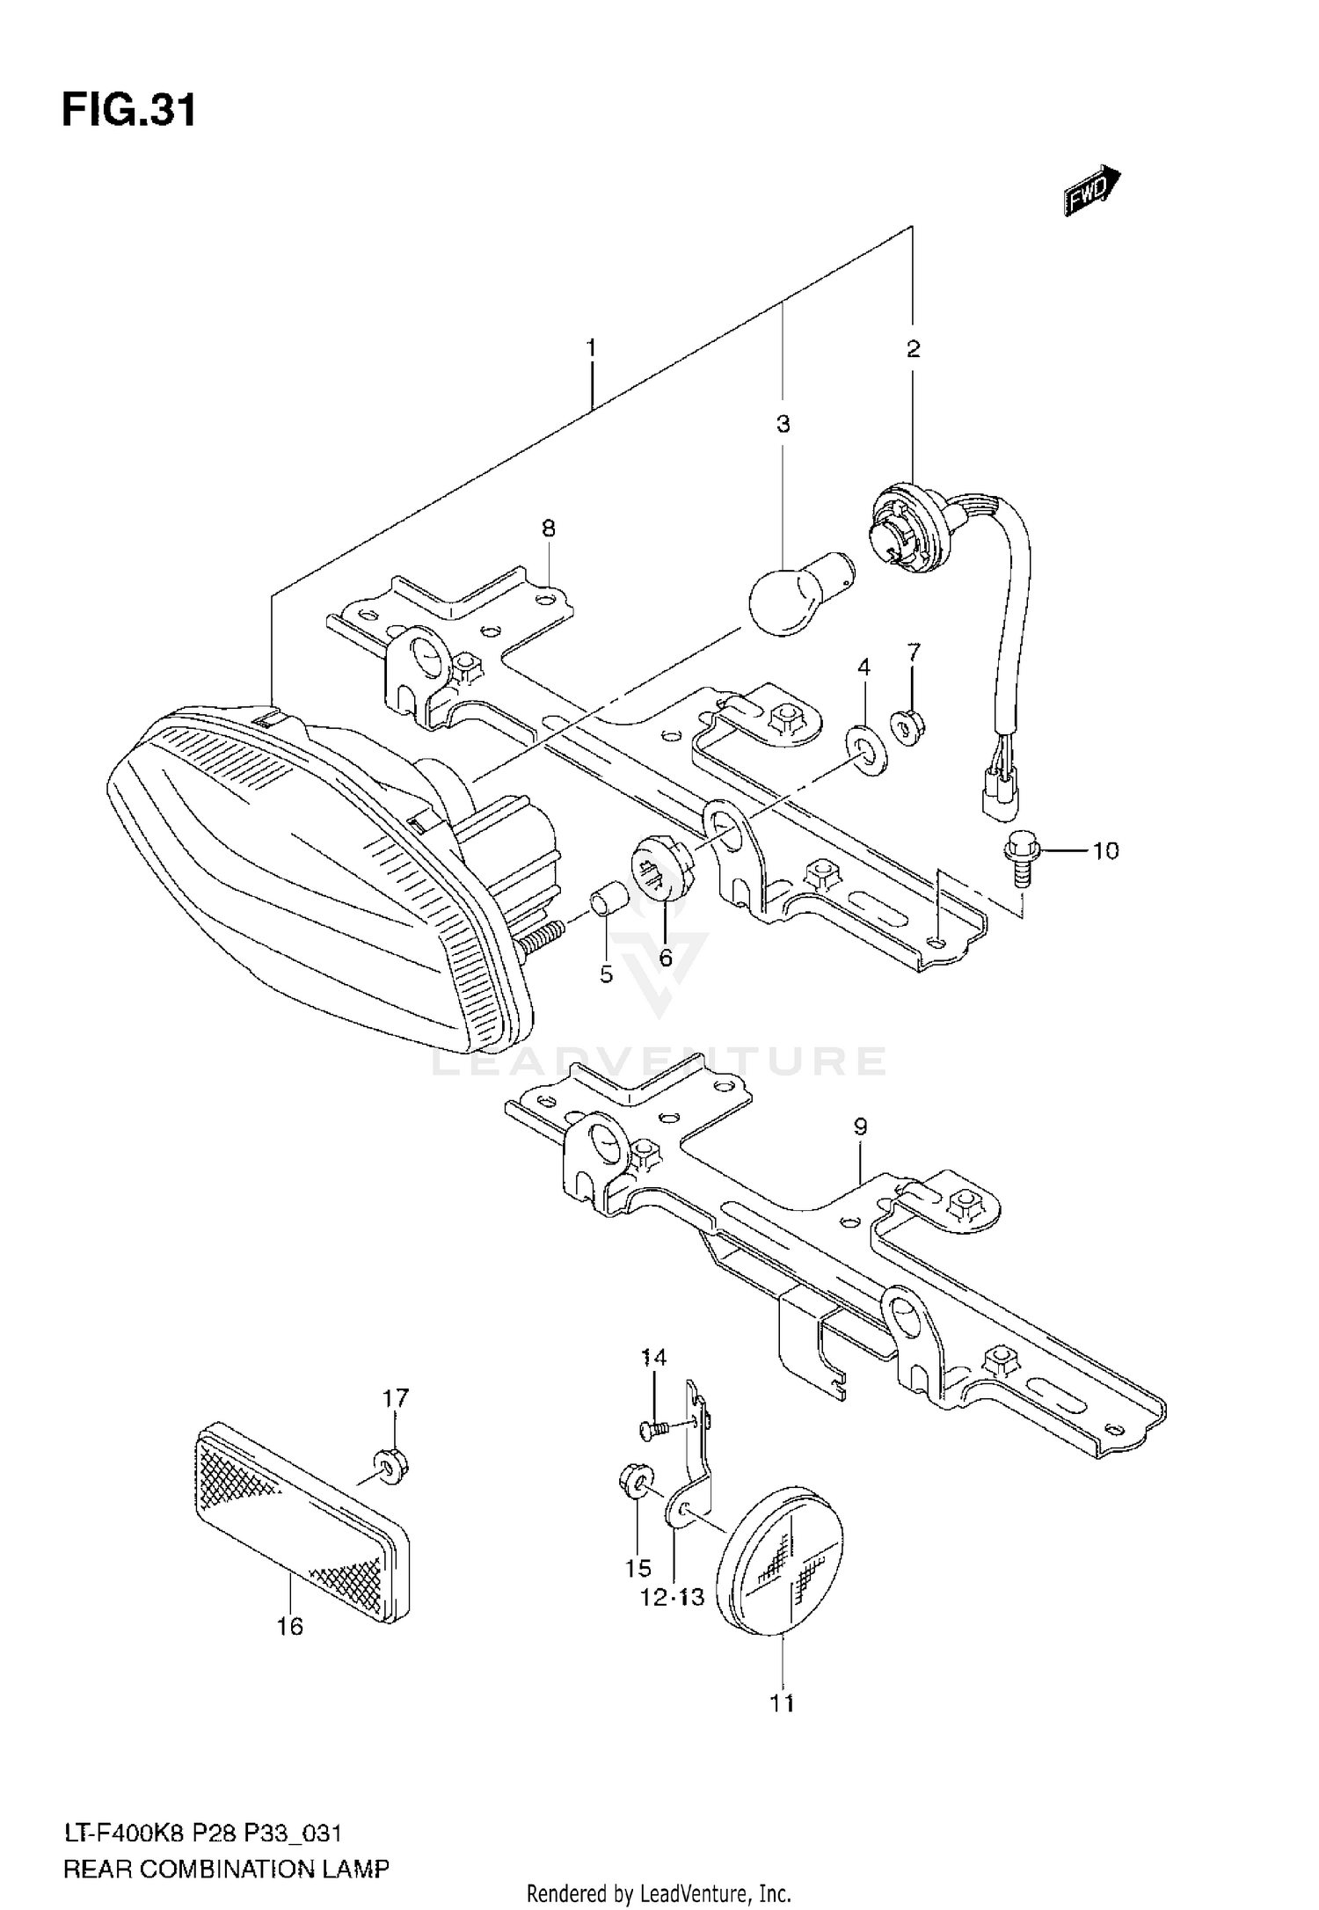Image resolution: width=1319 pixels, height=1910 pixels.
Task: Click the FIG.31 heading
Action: [128, 112]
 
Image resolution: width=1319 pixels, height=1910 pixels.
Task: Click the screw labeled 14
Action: [654, 1425]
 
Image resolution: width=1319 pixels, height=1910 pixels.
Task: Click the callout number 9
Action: [859, 1126]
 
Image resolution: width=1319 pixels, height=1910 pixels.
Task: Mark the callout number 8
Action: [548, 529]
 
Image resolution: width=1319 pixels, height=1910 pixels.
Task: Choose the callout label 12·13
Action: [672, 1597]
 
